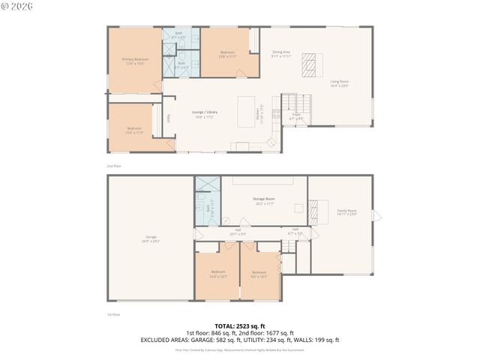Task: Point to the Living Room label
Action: tap(339, 82)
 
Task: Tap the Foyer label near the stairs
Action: tap(296, 117)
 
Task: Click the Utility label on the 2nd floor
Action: tap(169, 118)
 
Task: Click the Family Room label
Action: tap(346, 212)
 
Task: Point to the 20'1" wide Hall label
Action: tap(238, 232)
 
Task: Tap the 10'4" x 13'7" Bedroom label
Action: tap(218, 273)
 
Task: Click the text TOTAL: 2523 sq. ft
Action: tap(239, 326)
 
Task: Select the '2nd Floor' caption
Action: tap(113, 165)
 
